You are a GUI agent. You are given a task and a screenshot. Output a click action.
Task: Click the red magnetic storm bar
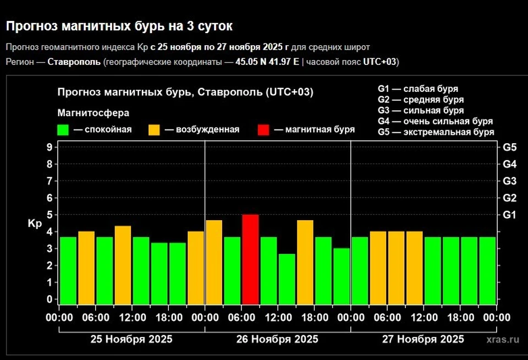(250, 259)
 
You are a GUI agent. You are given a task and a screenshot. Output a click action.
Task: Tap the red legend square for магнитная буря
(263, 130)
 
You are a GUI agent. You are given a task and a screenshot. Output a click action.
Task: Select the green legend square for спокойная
(63, 130)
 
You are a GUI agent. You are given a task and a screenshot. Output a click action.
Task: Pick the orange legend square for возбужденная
(155, 130)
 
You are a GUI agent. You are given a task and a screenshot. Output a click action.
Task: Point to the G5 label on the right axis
(509, 147)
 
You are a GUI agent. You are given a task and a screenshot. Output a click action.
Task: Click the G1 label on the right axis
(509, 215)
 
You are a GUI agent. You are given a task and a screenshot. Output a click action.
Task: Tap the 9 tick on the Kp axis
(50, 147)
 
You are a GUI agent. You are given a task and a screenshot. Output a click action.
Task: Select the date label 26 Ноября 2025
(277, 339)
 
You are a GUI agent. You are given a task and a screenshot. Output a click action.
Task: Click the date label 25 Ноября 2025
(131, 339)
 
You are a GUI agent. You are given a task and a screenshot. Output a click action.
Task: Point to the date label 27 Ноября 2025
(423, 339)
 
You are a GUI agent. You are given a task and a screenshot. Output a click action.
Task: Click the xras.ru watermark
(503, 340)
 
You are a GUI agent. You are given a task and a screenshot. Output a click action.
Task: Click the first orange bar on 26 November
(214, 262)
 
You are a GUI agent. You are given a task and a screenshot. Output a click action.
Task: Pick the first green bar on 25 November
(68, 270)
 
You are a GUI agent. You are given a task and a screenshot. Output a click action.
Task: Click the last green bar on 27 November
(487, 270)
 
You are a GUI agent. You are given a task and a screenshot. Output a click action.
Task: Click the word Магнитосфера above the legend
(94, 113)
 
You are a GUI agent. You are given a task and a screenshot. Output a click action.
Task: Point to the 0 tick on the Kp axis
(50, 299)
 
